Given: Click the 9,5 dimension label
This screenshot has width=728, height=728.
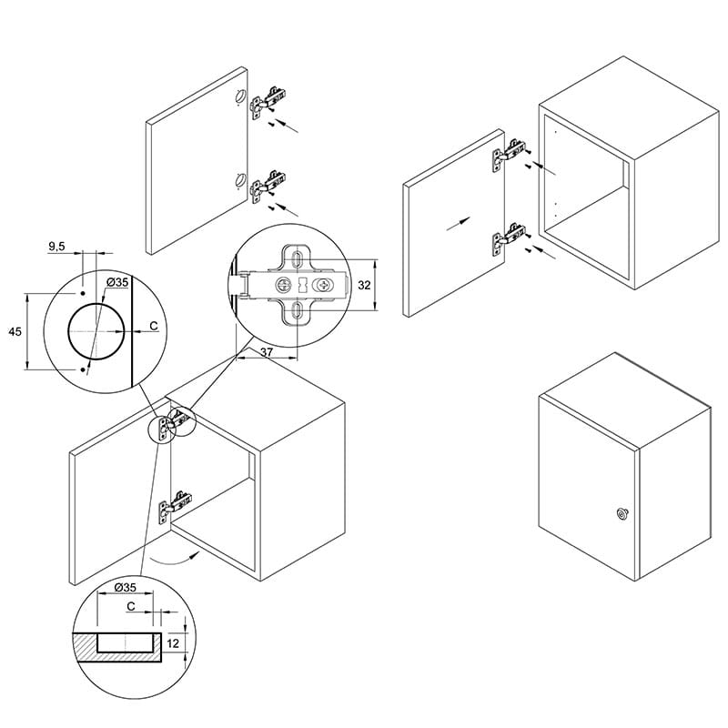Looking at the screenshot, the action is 56,247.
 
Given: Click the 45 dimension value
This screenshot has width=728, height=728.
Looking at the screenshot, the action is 15,331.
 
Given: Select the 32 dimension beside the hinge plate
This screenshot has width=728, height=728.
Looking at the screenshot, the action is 365,285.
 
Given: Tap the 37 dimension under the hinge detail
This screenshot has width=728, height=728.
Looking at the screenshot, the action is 267,352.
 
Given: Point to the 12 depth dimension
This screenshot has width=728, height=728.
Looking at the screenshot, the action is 173,643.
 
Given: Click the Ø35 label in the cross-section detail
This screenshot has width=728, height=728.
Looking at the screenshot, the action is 125,587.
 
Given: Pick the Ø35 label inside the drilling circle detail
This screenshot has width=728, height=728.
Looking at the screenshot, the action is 117,282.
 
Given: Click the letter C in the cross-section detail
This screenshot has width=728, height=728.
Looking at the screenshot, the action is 131,606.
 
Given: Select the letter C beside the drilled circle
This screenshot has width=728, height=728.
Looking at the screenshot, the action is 154,327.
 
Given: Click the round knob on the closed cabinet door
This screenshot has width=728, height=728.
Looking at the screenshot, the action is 621,513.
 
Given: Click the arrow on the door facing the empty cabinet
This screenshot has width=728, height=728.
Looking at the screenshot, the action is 459,223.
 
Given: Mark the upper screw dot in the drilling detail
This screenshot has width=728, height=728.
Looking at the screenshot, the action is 83,293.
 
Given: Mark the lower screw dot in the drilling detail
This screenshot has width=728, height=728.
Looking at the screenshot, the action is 83,369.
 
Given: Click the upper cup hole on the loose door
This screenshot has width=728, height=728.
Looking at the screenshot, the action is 240,96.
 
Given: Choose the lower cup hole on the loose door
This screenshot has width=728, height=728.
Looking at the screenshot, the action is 240,179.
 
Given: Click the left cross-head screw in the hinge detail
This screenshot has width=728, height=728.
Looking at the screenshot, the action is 282,285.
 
